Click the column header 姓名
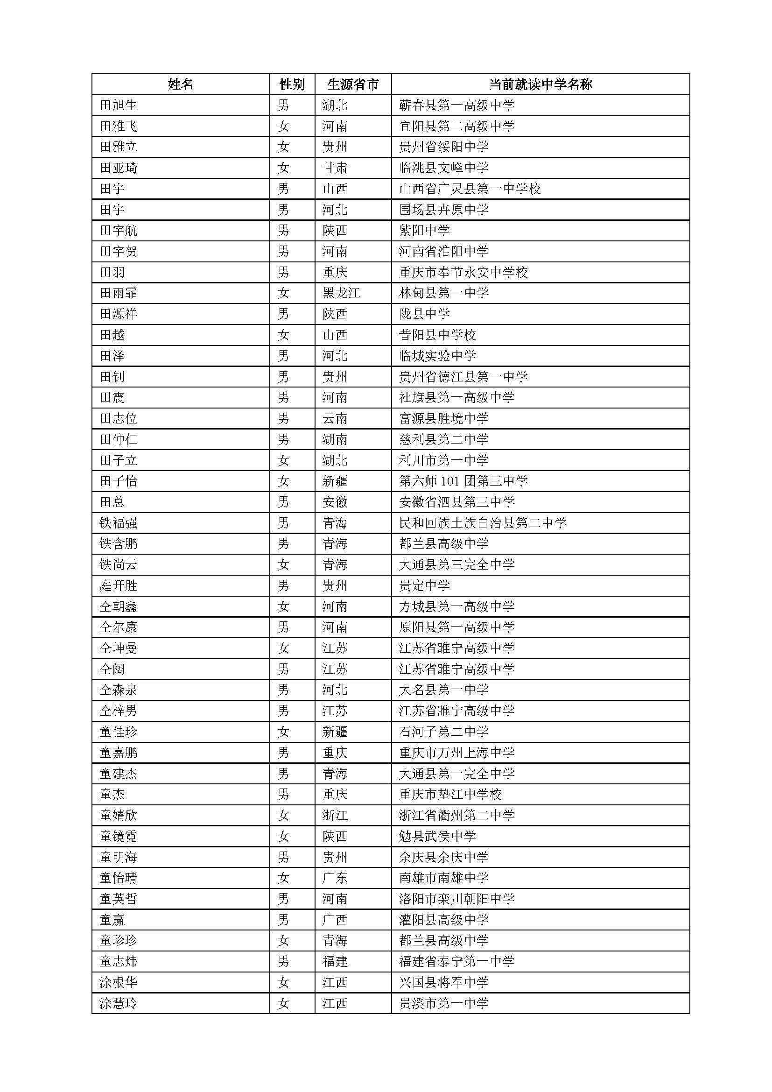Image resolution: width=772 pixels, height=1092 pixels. (x=181, y=85)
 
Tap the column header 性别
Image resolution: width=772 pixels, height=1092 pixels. (x=292, y=85)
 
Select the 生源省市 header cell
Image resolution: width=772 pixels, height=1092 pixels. (x=353, y=85)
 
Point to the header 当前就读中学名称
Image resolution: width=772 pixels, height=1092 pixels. (x=540, y=85)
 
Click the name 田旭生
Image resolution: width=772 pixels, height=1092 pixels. (x=119, y=105)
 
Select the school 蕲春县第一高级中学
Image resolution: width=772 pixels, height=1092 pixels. (x=457, y=105)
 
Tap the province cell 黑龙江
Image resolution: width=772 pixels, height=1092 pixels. (x=341, y=293)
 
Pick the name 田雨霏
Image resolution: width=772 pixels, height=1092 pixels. (x=119, y=293)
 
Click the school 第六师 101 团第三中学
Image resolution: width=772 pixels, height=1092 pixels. (x=463, y=481)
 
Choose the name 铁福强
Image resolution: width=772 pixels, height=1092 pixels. (x=119, y=523)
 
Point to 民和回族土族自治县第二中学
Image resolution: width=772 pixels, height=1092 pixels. (x=483, y=523)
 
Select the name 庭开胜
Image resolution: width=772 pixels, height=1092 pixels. (x=119, y=585)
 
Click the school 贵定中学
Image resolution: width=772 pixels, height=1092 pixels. (x=424, y=585)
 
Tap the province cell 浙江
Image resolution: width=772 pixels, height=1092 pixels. (x=335, y=815)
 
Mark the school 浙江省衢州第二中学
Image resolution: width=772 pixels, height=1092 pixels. (x=457, y=815)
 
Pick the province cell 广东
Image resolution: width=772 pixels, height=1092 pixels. (x=335, y=878)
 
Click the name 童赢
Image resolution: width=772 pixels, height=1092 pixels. (x=112, y=920)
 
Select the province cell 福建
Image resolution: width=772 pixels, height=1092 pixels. (x=335, y=962)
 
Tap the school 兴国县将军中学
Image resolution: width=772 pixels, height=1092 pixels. (x=444, y=983)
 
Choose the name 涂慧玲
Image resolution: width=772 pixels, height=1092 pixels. (x=119, y=1004)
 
